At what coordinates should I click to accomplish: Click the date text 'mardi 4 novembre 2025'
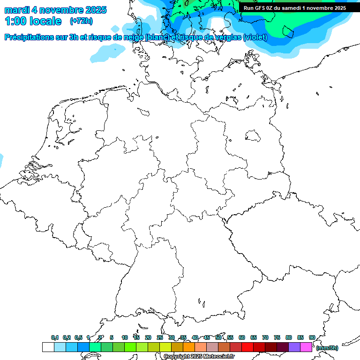pos(55,10)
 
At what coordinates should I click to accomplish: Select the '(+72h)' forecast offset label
pos(81,21)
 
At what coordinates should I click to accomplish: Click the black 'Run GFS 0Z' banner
pos(295,7)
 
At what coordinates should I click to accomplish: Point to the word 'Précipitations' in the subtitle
pos(29,37)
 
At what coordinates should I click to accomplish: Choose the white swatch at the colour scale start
pos(48,347)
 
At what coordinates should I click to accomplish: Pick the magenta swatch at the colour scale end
pos(306,347)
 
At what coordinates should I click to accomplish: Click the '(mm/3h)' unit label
pos(327,348)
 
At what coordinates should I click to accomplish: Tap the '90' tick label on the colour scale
pos(312,337)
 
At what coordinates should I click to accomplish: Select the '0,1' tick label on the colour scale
pos(55,337)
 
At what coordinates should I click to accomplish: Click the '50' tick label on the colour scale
pos(218,337)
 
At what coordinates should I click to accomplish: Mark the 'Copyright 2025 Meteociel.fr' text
pos(199,356)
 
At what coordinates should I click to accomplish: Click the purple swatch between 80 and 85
pos(294,347)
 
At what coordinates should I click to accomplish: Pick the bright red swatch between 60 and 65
pos(247,347)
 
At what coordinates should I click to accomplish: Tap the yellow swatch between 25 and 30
pos(165,347)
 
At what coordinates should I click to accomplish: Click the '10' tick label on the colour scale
pos(125,337)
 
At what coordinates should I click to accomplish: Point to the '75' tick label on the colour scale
pos(277,337)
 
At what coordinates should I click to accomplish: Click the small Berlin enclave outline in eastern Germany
pos(253,136)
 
